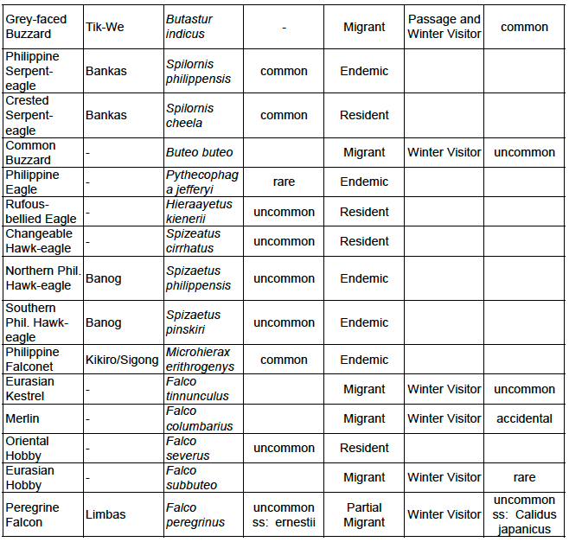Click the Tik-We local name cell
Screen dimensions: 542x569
105,27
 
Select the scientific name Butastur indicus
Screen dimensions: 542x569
189,27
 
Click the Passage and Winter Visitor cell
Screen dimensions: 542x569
444,27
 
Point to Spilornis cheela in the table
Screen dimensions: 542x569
190,116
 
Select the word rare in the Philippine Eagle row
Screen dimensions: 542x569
284,182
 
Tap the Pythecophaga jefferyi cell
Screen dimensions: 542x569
201,182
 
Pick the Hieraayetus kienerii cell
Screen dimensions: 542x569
195,212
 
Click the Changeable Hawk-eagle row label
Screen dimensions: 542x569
39,241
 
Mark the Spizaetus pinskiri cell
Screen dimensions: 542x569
194,322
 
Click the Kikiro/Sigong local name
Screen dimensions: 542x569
122,360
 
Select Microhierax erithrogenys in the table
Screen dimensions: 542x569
199,360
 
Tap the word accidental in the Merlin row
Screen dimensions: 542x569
524,418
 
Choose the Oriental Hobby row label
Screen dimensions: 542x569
28,448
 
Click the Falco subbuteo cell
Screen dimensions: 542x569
191,477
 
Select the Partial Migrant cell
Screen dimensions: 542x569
364,514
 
